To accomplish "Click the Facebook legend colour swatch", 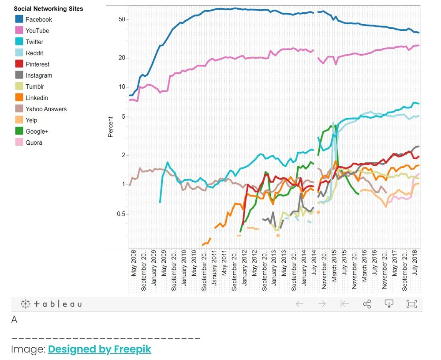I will [19, 19].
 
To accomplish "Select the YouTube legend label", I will [37, 30].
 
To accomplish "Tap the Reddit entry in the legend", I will [34, 53].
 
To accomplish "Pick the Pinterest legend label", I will [37, 64].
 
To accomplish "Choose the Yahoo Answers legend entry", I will [46, 109].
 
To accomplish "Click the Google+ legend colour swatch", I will [19, 131].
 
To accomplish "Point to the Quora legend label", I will [34, 142].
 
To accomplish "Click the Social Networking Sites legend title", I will [49, 8].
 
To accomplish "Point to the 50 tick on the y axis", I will [122, 19].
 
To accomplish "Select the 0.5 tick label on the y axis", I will [121, 214].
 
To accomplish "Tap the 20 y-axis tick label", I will [122, 58].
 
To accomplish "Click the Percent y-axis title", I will [111, 127].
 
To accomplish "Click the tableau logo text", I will [57, 304].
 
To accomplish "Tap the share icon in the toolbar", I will [366, 304].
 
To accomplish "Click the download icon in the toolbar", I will [389, 304].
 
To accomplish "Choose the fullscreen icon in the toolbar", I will [411, 304].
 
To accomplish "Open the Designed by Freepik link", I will [100, 349].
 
